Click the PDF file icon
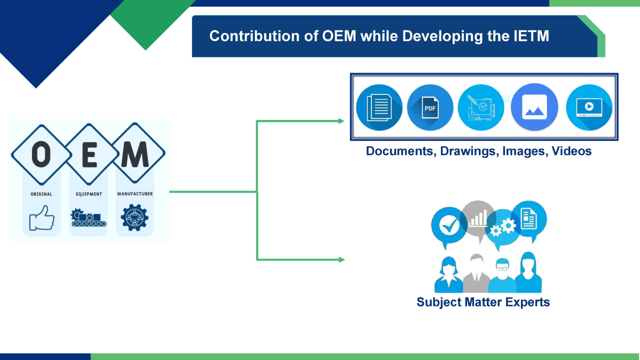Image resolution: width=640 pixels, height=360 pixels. click(x=430, y=107)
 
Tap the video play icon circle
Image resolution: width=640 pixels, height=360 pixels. click(x=589, y=107)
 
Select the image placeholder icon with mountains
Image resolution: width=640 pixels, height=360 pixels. click(x=534, y=107)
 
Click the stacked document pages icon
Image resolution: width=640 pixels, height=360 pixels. click(x=379, y=107)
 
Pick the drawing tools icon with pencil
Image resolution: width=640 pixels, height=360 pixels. click(x=481, y=107)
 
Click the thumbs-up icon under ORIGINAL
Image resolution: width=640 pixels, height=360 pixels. click(x=41, y=217)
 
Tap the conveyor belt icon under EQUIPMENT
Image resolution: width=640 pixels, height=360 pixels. click(x=88, y=217)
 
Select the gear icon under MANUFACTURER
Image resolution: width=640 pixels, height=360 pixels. click(x=134, y=217)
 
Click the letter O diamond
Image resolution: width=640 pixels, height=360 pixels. click(x=41, y=154)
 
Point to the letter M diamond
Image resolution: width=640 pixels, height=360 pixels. click(x=135, y=153)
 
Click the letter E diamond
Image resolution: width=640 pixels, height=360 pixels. click(x=89, y=154)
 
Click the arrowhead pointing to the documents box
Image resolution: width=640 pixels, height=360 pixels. click(x=341, y=121)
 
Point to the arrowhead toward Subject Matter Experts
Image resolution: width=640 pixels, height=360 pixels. click(x=341, y=259)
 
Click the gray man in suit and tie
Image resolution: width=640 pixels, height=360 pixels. click(x=476, y=273)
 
